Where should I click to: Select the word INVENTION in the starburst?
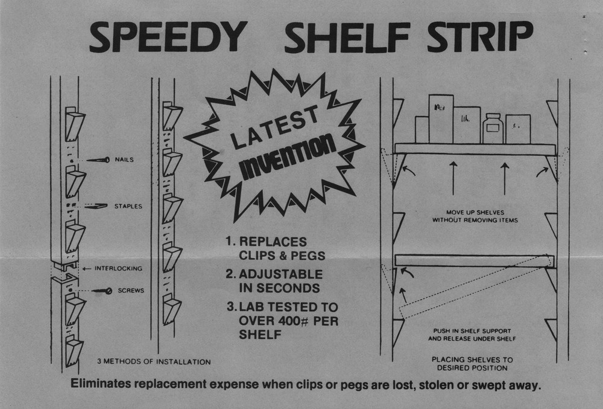[288, 156]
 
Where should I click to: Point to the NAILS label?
[124, 160]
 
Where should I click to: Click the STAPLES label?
[128, 206]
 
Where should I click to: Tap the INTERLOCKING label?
[118, 268]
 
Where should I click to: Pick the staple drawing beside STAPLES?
[96, 206]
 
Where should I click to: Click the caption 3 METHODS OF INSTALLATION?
[154, 362]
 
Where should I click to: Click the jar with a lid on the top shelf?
[493, 128]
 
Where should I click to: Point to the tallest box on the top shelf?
[441, 118]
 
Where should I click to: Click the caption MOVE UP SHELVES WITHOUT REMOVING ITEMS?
[474, 216]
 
